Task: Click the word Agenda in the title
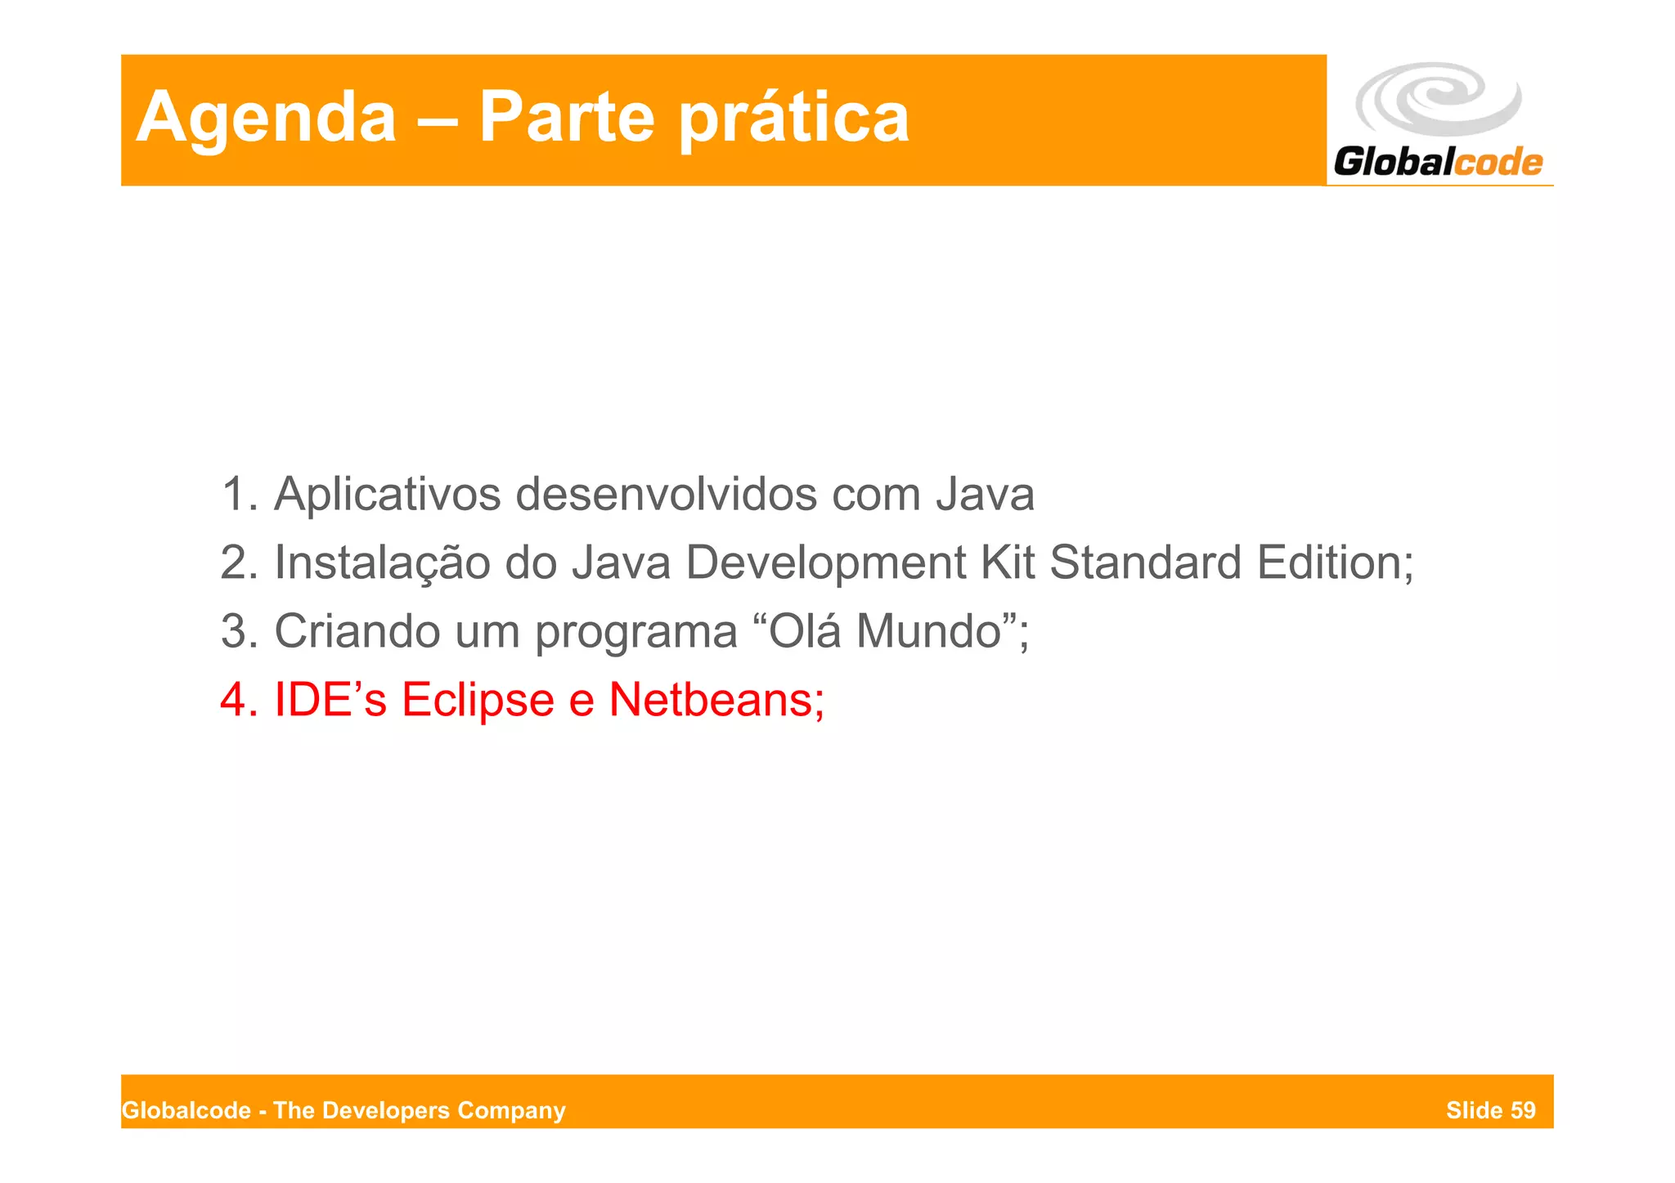pyautogui.click(x=266, y=119)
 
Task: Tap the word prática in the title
pyautogui.click(x=794, y=119)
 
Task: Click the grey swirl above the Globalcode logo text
pyautogui.click(x=1438, y=99)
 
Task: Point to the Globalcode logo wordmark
pyautogui.click(x=1438, y=162)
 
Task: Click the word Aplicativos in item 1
pyautogui.click(x=387, y=495)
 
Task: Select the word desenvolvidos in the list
pyautogui.click(x=666, y=495)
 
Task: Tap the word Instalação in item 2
pyautogui.click(x=381, y=563)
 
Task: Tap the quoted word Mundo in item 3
pyautogui.click(x=929, y=632)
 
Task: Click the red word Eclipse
pyautogui.click(x=478, y=701)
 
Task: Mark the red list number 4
pyautogui.click(x=234, y=701)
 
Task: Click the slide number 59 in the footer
pyautogui.click(x=1523, y=1110)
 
